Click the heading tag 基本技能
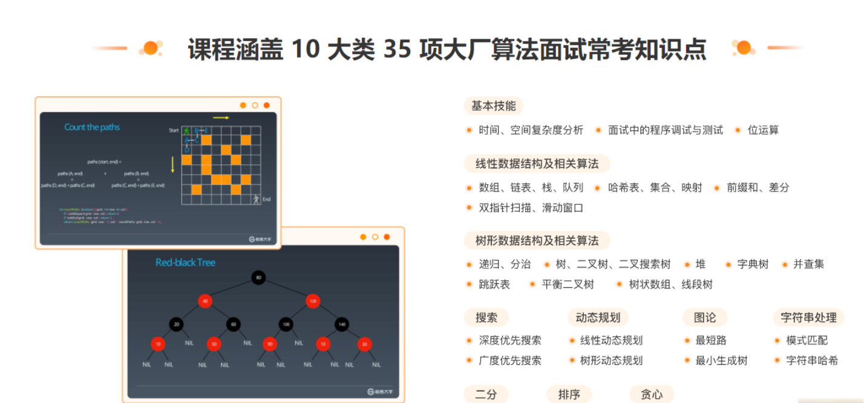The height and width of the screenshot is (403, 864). click(x=493, y=106)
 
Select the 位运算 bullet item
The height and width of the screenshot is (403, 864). click(x=763, y=130)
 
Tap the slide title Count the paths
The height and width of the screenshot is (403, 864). click(x=92, y=127)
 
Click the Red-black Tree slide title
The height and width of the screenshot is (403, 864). click(x=185, y=262)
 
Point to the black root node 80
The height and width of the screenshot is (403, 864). click(x=258, y=278)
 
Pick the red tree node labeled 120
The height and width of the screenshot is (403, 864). click(x=313, y=301)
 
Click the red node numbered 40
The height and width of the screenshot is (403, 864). click(x=205, y=301)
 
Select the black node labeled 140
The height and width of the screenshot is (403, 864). click(x=341, y=324)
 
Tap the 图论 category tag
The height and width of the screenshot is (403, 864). click(x=705, y=318)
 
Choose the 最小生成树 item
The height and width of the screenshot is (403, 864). click(x=721, y=361)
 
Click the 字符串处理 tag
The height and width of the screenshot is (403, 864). click(x=808, y=318)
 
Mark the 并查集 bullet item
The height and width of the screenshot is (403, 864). click(x=808, y=264)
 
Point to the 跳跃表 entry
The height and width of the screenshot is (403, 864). click(x=494, y=284)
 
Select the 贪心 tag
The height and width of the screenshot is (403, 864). click(x=652, y=395)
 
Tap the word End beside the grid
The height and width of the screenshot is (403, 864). click(x=266, y=199)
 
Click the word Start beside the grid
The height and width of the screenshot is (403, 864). click(x=174, y=130)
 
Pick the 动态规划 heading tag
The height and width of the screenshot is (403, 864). click(x=598, y=318)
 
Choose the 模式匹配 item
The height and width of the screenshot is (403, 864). click(x=807, y=341)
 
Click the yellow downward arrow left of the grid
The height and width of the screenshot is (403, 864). click(x=172, y=164)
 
